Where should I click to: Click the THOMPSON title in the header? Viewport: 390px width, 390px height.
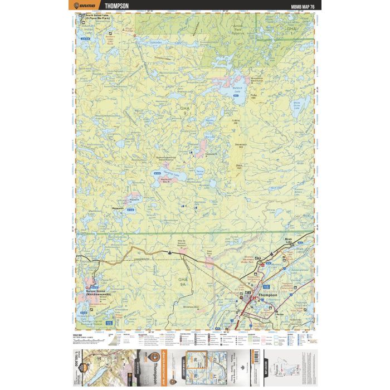(x=116, y=6)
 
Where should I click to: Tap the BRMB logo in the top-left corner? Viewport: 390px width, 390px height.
(x=89, y=6)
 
